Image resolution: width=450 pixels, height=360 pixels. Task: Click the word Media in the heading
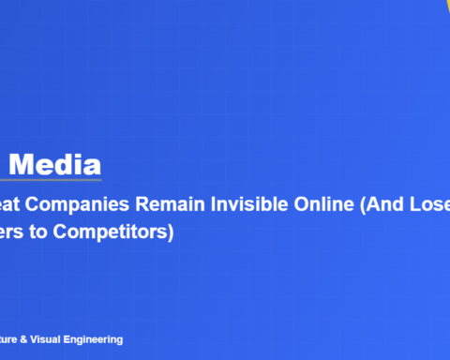coord(57,165)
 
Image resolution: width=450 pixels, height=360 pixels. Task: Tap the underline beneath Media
coord(51,180)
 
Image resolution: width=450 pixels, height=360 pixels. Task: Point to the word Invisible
coord(247,206)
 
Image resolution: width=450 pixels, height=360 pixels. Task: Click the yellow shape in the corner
coord(443,4)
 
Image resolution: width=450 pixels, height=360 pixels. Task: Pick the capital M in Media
coord(22,165)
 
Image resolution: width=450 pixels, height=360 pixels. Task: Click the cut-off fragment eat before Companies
coord(13,206)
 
